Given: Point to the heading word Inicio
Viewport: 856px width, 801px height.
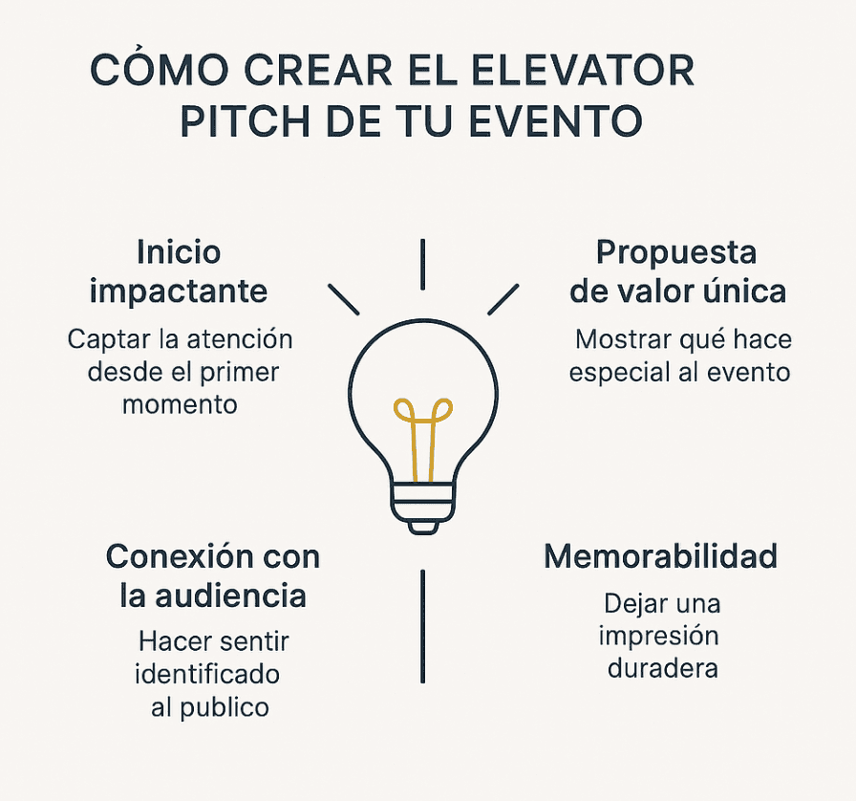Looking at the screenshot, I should click(x=179, y=252).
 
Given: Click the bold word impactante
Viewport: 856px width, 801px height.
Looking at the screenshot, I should click(x=179, y=292).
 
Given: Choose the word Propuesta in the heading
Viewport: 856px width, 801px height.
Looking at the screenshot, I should click(x=676, y=253).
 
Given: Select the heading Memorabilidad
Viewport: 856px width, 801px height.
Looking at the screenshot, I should click(x=660, y=555).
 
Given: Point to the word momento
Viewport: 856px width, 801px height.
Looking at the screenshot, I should click(x=179, y=403).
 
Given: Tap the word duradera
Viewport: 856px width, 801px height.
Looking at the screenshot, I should click(x=662, y=667).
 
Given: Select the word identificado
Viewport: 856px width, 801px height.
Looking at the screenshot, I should click(x=207, y=674).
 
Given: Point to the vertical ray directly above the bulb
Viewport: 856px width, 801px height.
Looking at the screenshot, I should click(x=422, y=264).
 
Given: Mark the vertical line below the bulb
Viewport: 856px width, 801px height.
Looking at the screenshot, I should click(x=422, y=626).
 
